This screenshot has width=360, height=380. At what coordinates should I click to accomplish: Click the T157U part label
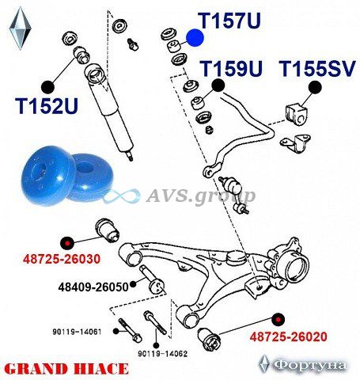(x=231, y=21)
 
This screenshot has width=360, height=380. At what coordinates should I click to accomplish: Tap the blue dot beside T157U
(x=195, y=38)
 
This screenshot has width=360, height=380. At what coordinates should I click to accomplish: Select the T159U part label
(x=231, y=69)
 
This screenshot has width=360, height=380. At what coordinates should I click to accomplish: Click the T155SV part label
(x=317, y=69)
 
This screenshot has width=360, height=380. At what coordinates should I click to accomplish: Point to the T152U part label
(x=47, y=106)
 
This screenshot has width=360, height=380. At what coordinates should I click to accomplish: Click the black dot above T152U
(x=47, y=87)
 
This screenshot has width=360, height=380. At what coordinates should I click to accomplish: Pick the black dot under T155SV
(x=315, y=87)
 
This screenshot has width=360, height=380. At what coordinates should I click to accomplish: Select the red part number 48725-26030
(x=62, y=259)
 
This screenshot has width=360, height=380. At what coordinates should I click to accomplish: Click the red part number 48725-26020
(x=288, y=336)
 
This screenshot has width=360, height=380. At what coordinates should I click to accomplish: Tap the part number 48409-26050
(x=93, y=287)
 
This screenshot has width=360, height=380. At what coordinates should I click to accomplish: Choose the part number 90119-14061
(x=77, y=332)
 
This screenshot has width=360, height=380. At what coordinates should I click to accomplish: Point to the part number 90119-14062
(x=163, y=354)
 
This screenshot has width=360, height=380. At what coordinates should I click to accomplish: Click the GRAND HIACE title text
(x=66, y=369)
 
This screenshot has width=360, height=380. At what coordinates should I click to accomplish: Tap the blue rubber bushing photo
(x=66, y=175)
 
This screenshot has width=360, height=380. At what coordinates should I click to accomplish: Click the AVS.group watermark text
(x=200, y=196)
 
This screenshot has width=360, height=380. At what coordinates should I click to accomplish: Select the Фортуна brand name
(x=309, y=366)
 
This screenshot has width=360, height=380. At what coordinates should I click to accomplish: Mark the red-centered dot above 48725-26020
(x=279, y=319)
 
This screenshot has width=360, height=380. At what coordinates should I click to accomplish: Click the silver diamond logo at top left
(x=21, y=28)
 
